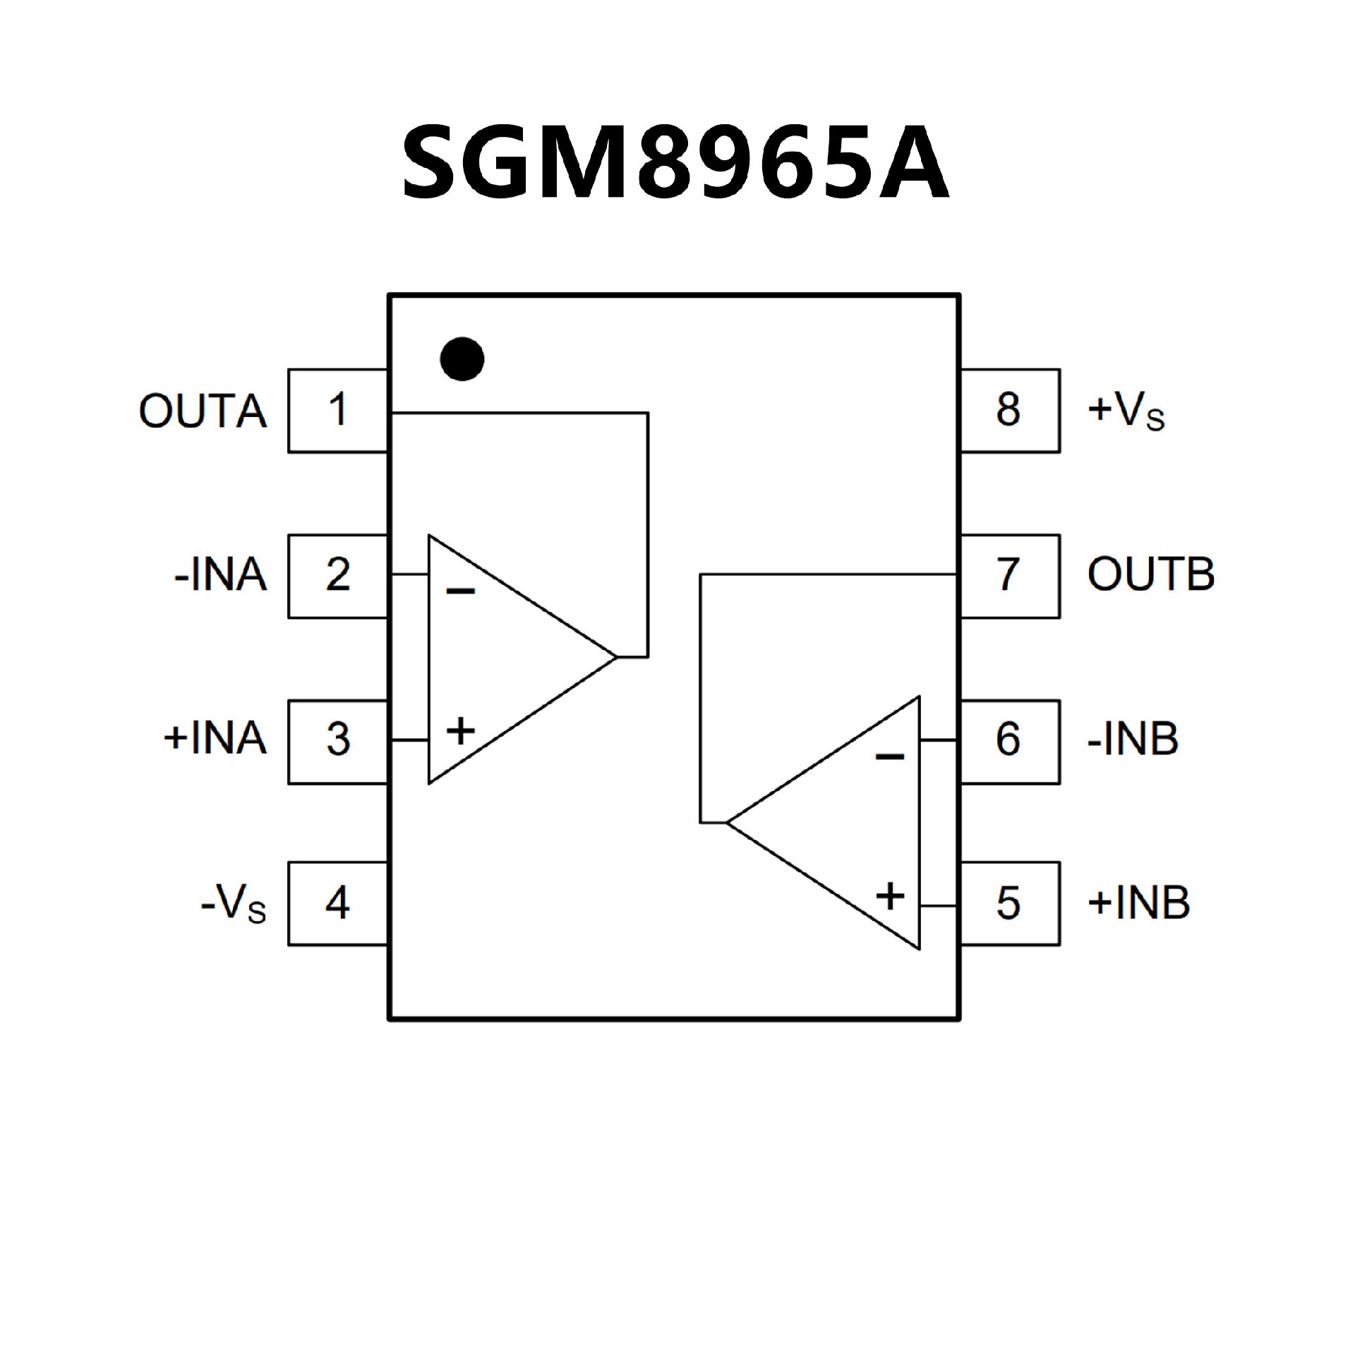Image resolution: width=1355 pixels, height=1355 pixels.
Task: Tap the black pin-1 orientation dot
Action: [462, 359]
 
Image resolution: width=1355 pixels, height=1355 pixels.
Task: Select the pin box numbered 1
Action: [338, 410]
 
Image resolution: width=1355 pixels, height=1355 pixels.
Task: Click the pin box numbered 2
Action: [338, 576]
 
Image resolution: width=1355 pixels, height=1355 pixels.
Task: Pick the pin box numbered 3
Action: [338, 741]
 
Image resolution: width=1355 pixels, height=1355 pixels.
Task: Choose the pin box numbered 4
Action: [338, 903]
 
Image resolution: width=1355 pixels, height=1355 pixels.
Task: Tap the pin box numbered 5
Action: [1009, 903]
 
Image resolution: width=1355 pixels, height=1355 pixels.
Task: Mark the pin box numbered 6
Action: [1009, 741]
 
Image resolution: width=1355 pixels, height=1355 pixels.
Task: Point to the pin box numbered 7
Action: [1009, 576]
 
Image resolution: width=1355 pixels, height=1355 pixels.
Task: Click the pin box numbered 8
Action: [1009, 410]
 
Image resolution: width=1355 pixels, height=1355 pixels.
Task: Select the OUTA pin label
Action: [203, 411]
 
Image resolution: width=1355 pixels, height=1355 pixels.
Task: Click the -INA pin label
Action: [221, 576]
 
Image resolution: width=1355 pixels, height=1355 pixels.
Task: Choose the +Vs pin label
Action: [1126, 411]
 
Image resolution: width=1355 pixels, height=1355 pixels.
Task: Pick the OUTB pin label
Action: [1151, 574]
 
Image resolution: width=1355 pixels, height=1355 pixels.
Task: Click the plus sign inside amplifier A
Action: [461, 730]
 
